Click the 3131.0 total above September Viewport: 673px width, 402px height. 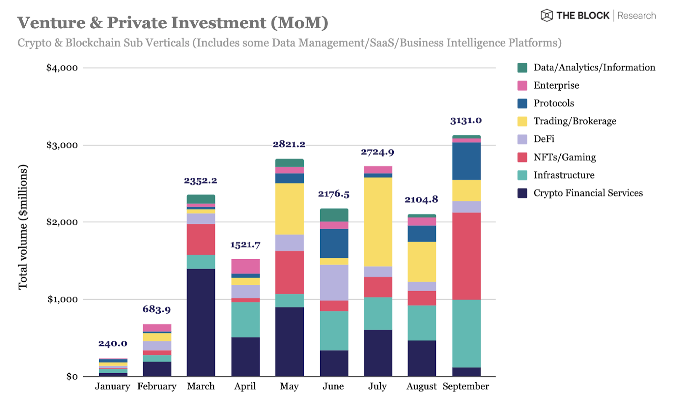pos(466,121)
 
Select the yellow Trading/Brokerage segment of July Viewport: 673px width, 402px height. pos(378,222)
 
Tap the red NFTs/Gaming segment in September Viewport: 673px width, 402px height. pos(466,256)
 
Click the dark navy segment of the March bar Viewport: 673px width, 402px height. pos(201,322)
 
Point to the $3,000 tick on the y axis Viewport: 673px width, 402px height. pos(62,145)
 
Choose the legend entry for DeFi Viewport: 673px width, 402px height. pos(544,139)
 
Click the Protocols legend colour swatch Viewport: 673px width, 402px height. pos(522,103)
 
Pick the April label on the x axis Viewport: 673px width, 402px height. pos(245,386)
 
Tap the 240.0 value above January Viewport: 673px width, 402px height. pos(113,344)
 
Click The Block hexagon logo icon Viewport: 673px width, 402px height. pos(546,16)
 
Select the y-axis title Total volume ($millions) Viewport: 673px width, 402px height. pos(23,227)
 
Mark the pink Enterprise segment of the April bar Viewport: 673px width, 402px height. pos(245,266)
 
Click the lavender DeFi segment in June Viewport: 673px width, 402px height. pos(334,282)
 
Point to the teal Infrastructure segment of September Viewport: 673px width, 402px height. pos(466,333)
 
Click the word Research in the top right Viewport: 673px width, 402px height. pos(636,16)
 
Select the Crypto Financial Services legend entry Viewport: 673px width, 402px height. pos(588,193)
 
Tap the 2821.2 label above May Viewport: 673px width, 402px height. pos(289,144)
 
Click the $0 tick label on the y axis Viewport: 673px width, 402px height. pos(72,377)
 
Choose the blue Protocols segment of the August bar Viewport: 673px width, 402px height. pos(421,233)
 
